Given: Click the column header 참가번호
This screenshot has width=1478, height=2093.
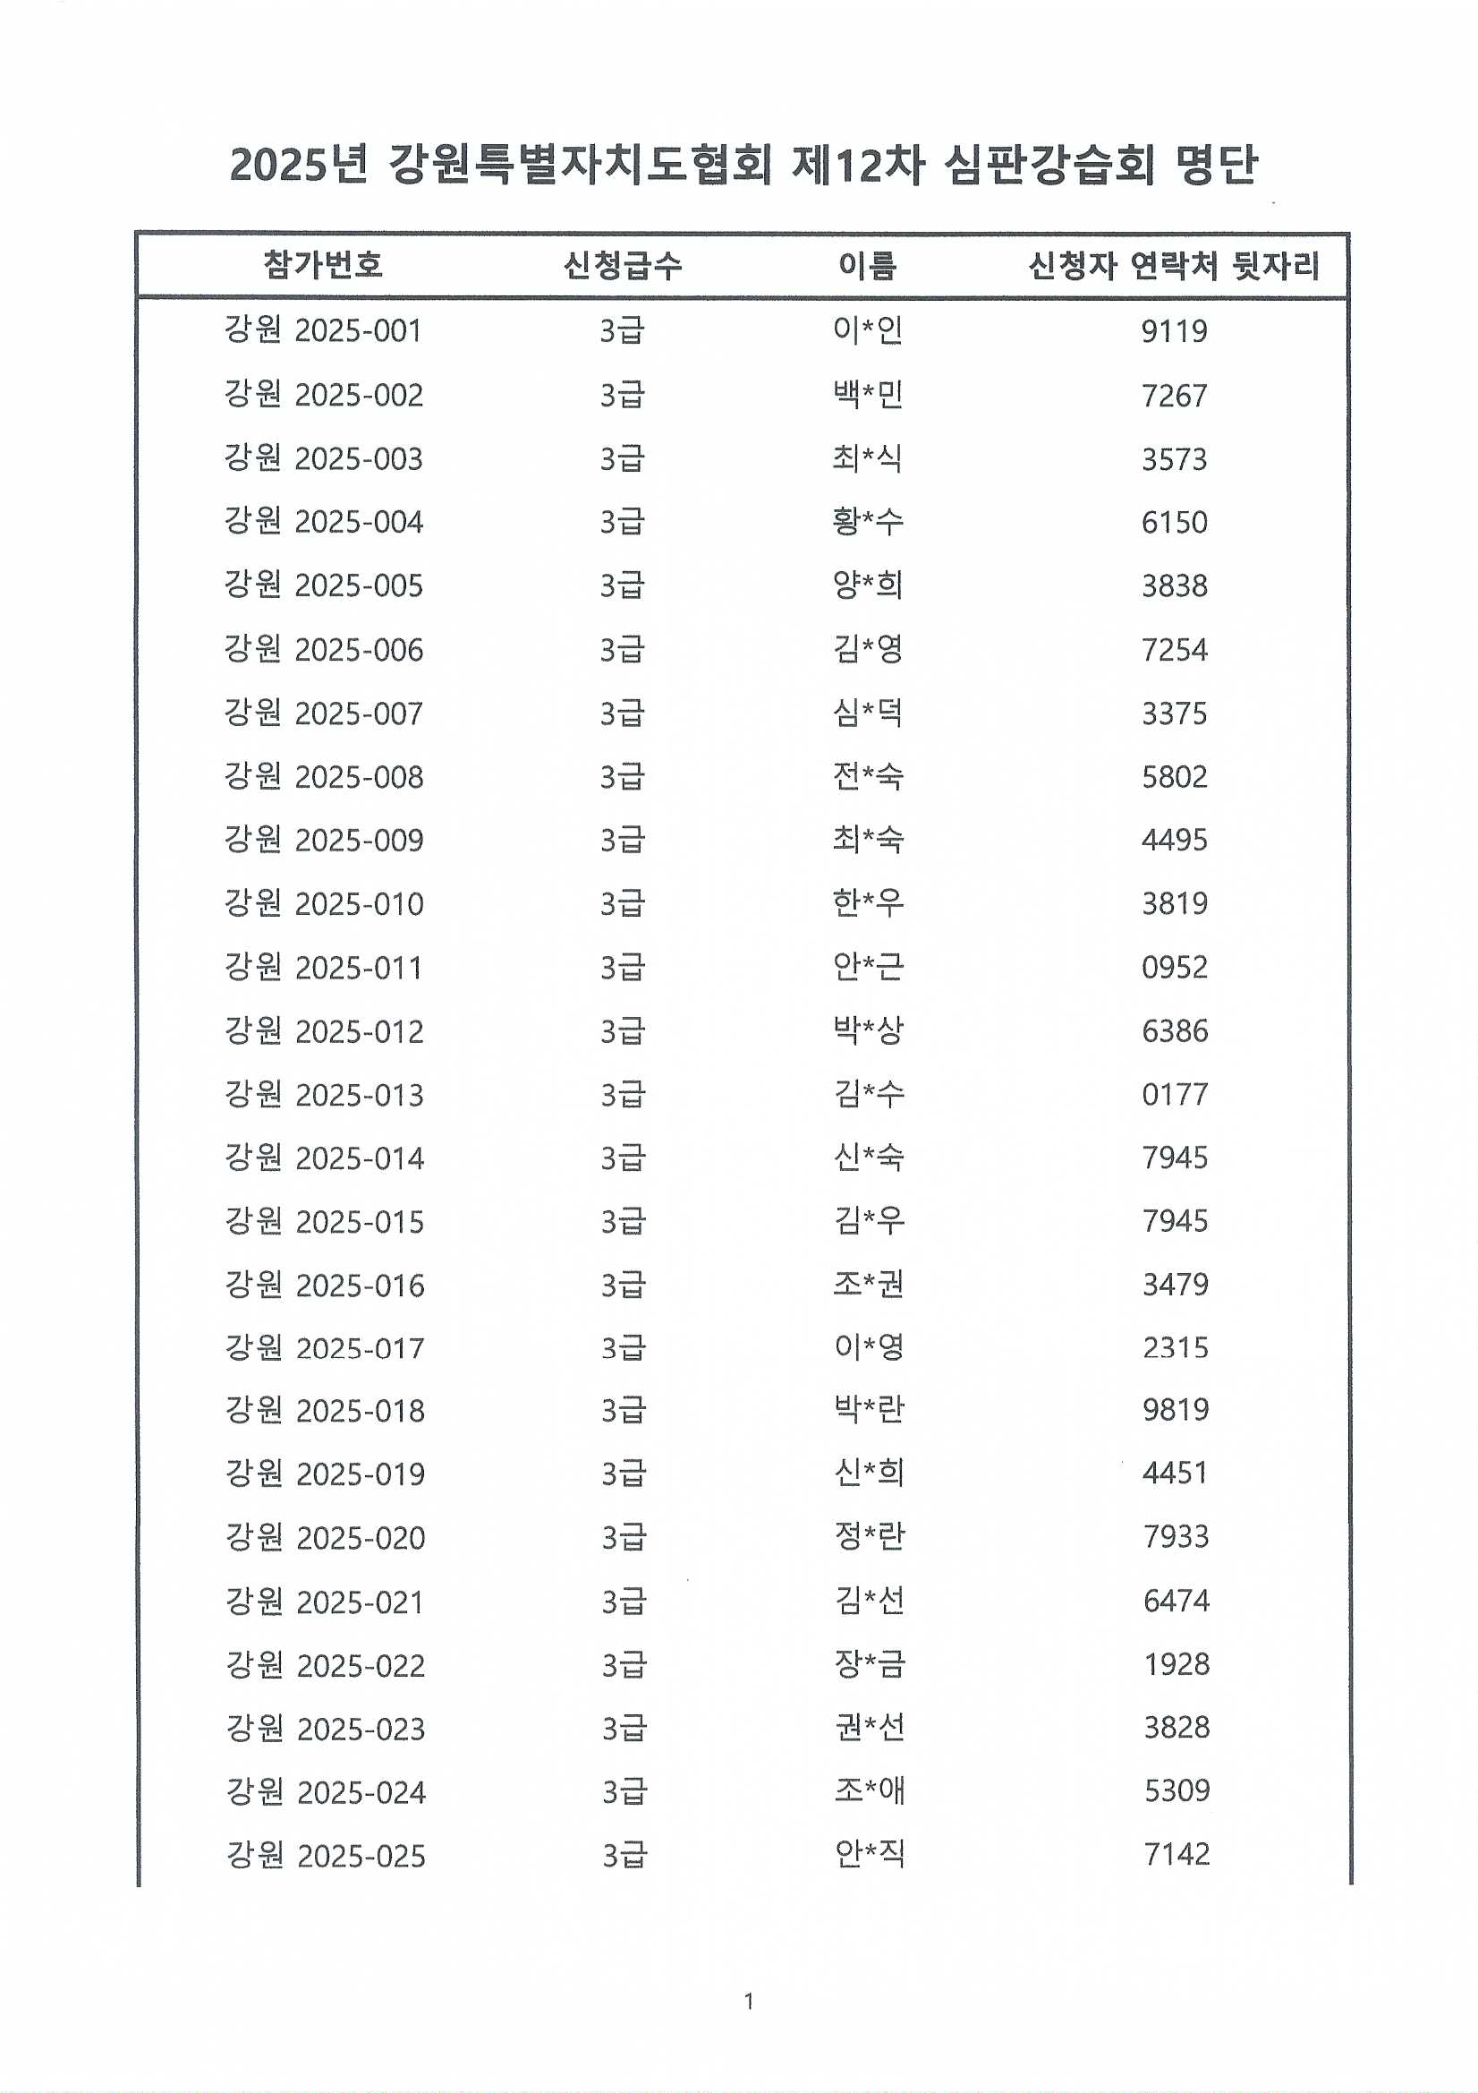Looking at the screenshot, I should click(323, 265).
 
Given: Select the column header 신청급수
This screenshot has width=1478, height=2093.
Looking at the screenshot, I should click(623, 265).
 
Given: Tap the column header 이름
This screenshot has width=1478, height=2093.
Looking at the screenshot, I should click(868, 265).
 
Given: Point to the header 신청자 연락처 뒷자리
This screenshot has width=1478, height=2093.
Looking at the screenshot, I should click(1174, 265).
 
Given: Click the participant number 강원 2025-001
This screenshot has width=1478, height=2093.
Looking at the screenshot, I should click(324, 330).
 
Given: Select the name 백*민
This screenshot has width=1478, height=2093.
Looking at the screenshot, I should click(868, 395).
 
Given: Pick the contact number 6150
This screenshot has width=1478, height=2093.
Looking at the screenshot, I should click(1175, 522).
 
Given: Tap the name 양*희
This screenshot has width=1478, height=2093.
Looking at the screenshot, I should click(868, 585).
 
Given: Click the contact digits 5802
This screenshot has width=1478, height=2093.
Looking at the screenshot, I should click(1175, 777).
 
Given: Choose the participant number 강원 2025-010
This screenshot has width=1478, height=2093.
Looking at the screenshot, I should click(325, 903).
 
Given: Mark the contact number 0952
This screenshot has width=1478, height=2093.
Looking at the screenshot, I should click(1175, 967).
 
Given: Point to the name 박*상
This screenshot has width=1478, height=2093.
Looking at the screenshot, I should click(869, 1030).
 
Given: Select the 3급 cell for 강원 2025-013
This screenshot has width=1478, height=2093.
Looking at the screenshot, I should click(624, 1094).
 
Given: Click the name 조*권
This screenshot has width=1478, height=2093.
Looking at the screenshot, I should click(869, 1285).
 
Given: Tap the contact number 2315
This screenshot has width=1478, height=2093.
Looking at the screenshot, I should click(1176, 1347).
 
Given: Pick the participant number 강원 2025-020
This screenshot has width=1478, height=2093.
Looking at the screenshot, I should click(326, 1538).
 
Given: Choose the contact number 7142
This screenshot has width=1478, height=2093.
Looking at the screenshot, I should click(1177, 1854).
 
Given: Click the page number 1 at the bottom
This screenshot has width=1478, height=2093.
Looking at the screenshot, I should click(749, 2001).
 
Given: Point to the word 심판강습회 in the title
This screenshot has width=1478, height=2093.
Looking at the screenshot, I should click(1049, 166).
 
